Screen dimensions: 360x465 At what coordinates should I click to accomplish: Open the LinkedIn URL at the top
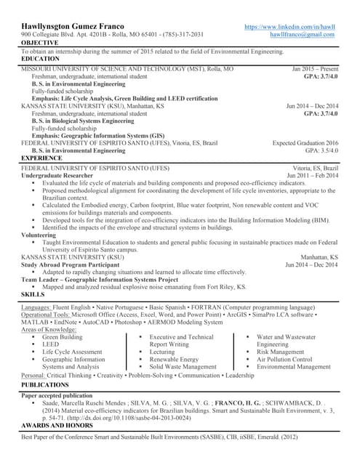289,27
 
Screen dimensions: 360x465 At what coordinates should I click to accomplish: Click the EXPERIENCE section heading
42,158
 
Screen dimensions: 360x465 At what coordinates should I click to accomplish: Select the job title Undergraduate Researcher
57,175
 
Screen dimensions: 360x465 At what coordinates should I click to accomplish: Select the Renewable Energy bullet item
174,360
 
